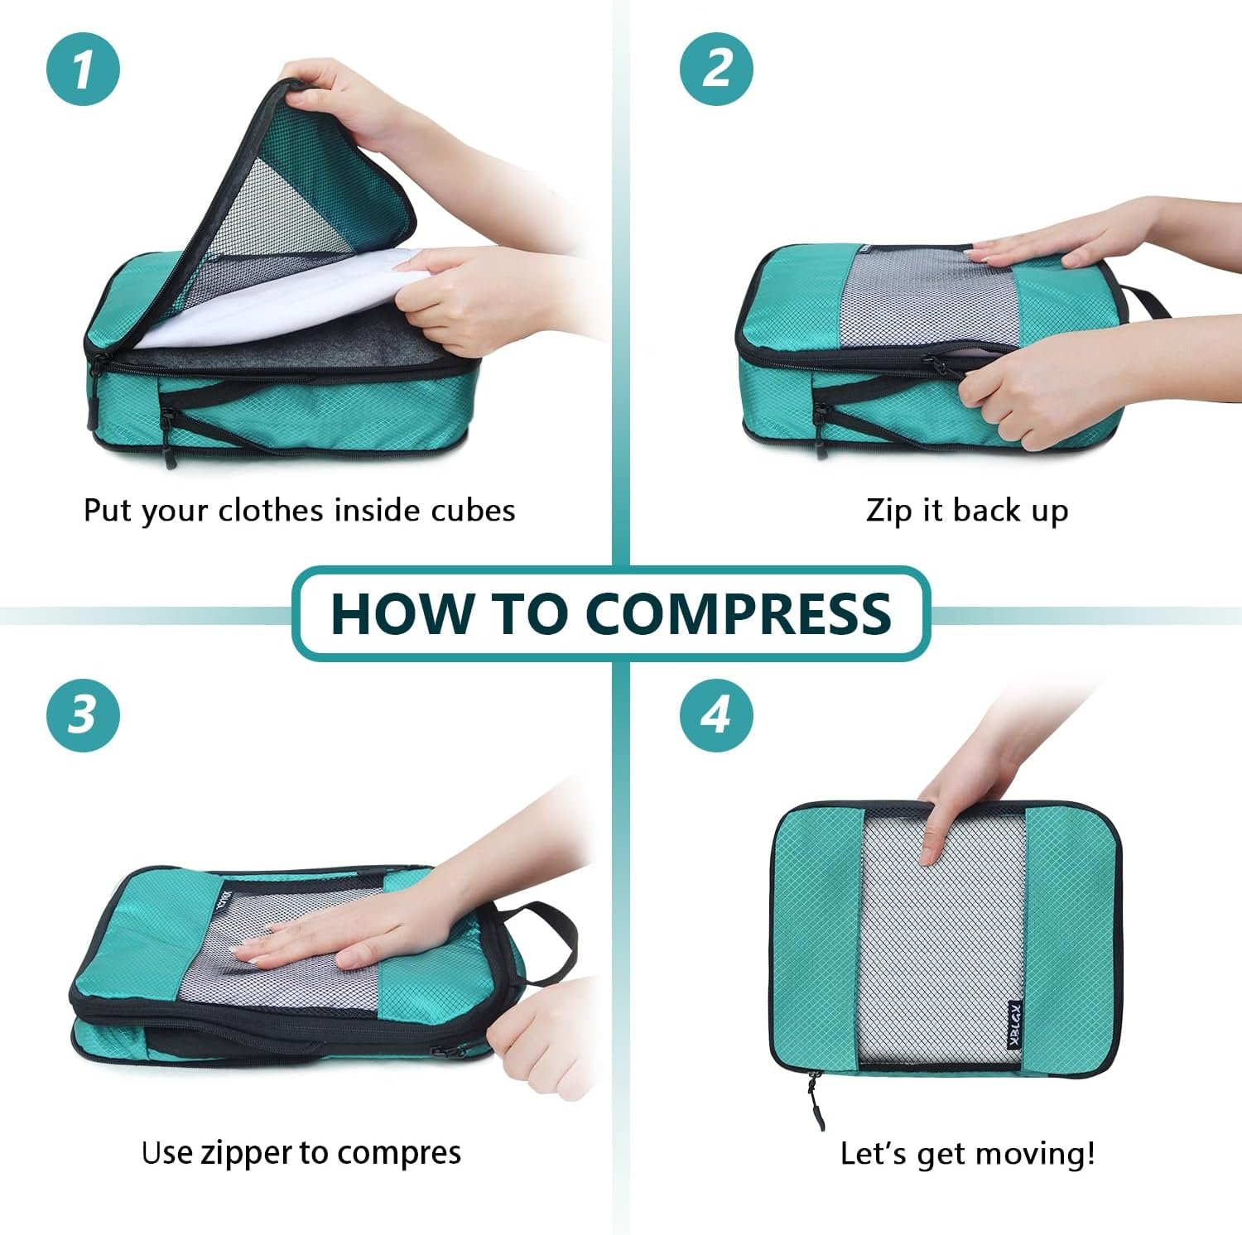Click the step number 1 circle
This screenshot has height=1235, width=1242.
coord(83,69)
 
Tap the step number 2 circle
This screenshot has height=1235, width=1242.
coord(716,69)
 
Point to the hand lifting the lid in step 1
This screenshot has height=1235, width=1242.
coord(348,95)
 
